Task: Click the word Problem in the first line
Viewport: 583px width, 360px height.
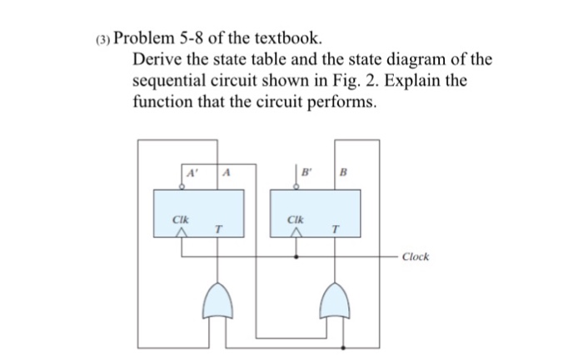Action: (154, 38)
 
